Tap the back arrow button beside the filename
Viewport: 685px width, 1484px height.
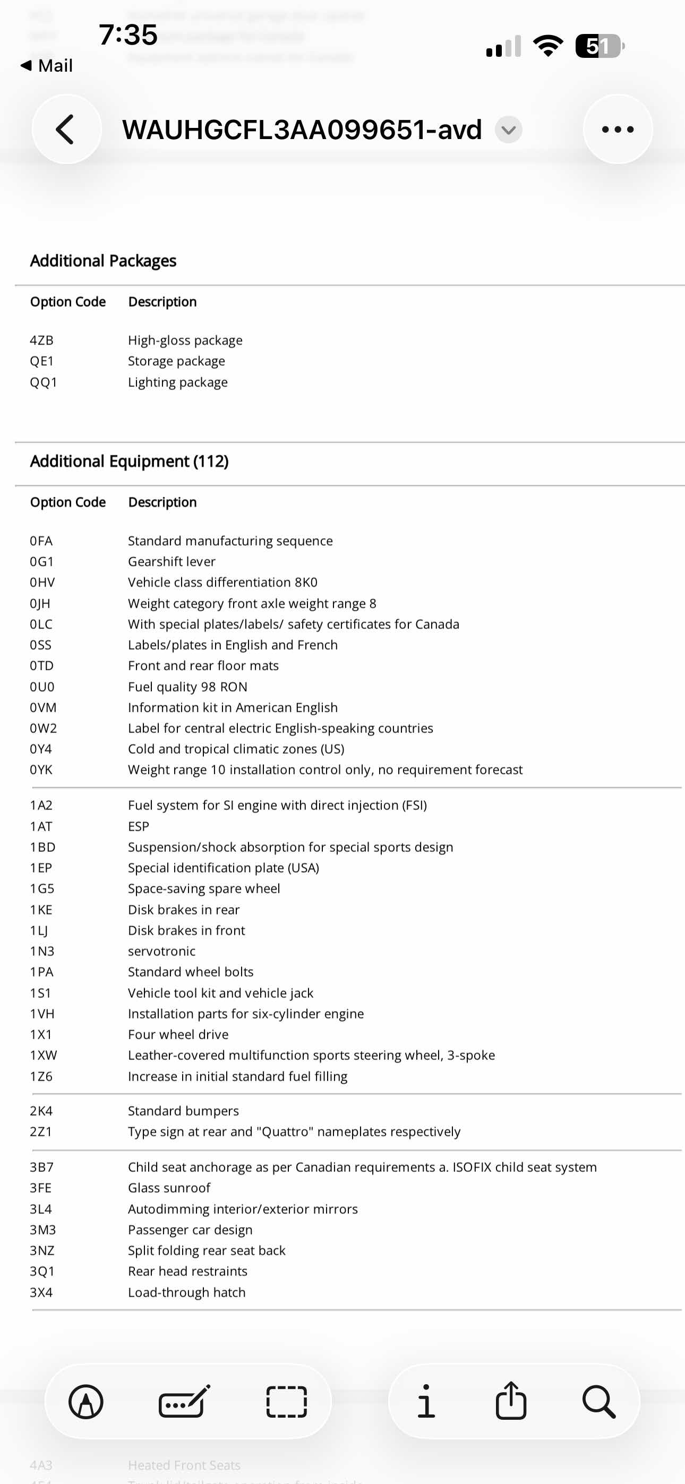click(66, 130)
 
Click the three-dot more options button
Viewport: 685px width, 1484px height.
click(618, 130)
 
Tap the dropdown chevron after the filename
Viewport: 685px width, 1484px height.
click(509, 130)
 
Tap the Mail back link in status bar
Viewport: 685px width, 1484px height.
click(47, 66)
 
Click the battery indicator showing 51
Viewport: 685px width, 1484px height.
click(599, 46)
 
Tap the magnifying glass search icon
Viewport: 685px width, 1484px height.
click(598, 1402)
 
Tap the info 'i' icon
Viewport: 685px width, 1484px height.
click(426, 1401)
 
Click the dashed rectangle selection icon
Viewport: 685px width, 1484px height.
click(287, 1402)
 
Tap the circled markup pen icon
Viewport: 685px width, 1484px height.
click(86, 1402)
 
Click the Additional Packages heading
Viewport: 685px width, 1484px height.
click(103, 261)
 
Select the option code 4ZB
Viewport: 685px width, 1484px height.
click(41, 340)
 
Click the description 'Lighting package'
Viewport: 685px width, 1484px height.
click(177, 383)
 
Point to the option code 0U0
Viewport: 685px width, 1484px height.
click(42, 687)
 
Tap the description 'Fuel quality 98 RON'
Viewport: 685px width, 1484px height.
click(187, 687)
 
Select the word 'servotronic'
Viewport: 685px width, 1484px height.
click(161, 951)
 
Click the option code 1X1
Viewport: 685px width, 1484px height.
click(41, 1034)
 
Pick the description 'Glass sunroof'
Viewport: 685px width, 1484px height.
click(169, 1188)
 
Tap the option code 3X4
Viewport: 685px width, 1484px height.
click(41, 1292)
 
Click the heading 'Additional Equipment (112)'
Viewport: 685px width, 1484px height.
click(129, 461)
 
